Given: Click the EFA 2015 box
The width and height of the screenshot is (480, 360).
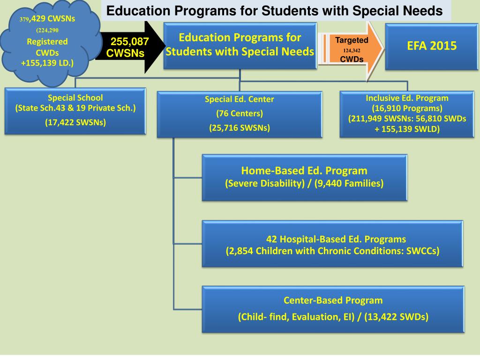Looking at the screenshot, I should coord(431,46).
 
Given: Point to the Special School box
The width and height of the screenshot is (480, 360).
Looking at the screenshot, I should coord(75,111).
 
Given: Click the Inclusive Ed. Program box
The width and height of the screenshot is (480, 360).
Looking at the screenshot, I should coord(407,114).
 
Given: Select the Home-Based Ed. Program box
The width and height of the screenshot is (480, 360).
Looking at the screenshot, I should coord(304,177).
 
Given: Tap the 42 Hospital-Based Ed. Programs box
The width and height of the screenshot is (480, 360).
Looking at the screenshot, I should coord(332,244).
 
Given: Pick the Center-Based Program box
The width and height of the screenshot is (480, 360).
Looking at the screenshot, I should coord(333,308).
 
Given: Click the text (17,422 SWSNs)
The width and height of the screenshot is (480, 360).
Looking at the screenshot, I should coord(75,123).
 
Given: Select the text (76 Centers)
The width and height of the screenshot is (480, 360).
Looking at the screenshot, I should coord(240,113).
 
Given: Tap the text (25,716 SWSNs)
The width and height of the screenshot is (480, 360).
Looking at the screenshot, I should coord(240,127).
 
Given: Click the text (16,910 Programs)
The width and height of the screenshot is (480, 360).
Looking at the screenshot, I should coord(407,108).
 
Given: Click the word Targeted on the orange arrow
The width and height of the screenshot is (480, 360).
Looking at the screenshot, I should coord(352,40).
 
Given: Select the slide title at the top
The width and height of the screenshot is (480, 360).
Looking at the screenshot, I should coord(274,10).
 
